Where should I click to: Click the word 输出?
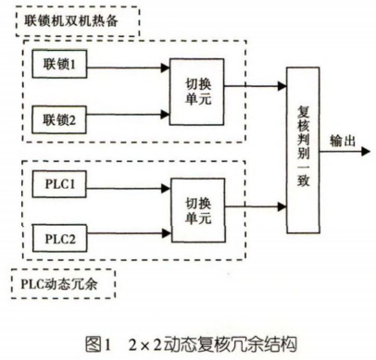coord(343,141)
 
